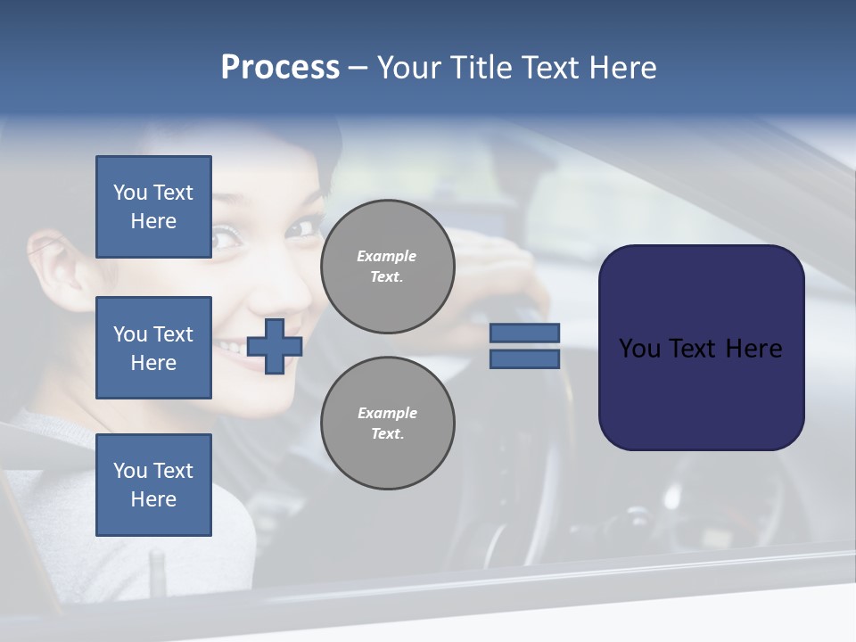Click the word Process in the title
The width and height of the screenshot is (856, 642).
click(280, 68)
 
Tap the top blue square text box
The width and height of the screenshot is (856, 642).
click(153, 207)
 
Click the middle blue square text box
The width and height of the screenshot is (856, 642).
click(153, 348)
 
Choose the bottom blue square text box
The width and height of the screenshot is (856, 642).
click(153, 485)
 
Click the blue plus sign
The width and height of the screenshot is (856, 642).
click(275, 346)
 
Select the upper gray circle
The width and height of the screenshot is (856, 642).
click(388, 267)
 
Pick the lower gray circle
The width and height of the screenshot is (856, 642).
click(388, 424)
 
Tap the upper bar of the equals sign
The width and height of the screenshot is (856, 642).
click(524, 333)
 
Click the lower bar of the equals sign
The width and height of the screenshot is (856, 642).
click(524, 359)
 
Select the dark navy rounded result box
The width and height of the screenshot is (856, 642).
click(701, 348)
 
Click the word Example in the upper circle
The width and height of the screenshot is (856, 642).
click(387, 256)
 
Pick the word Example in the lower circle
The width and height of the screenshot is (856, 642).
click(387, 413)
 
